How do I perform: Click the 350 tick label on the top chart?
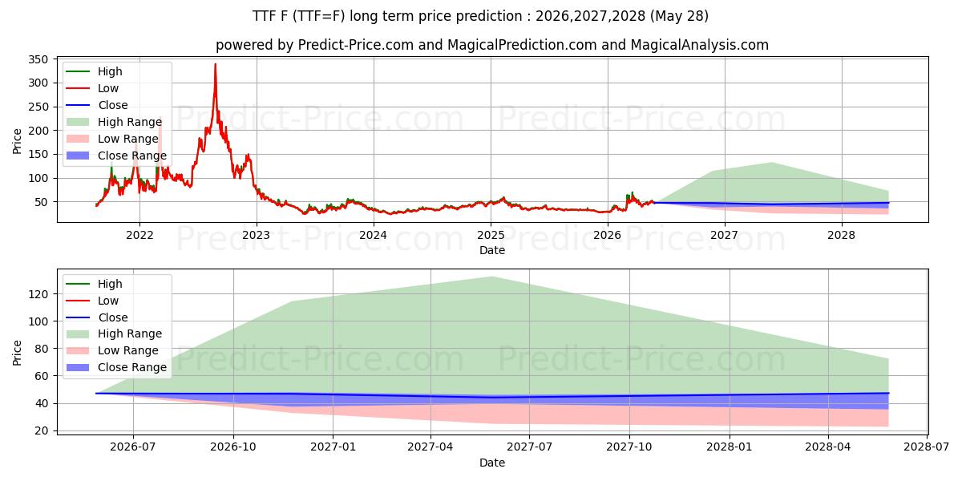[x=38, y=59]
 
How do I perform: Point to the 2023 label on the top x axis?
[x=257, y=236]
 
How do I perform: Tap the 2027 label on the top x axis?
[x=725, y=236]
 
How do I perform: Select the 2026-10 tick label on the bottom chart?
[x=233, y=447]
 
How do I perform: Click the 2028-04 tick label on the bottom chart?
[x=828, y=447]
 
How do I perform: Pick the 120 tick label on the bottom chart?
[x=38, y=294]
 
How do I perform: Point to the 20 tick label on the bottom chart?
[x=41, y=430]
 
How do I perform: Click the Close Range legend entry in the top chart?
[x=116, y=156]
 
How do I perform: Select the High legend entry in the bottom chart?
[x=95, y=284]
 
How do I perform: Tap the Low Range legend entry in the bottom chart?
[x=112, y=350]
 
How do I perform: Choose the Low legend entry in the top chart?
[x=92, y=88]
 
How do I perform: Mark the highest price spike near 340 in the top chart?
[x=215, y=64]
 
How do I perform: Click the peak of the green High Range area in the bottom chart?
[x=492, y=277]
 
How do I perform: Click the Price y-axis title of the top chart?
[x=17, y=141]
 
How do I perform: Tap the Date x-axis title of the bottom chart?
[x=492, y=463]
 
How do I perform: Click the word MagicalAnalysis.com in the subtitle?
[x=700, y=45]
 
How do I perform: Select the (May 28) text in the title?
[x=679, y=16]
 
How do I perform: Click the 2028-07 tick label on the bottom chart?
[x=927, y=447]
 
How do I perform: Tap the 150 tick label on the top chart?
[x=38, y=154]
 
